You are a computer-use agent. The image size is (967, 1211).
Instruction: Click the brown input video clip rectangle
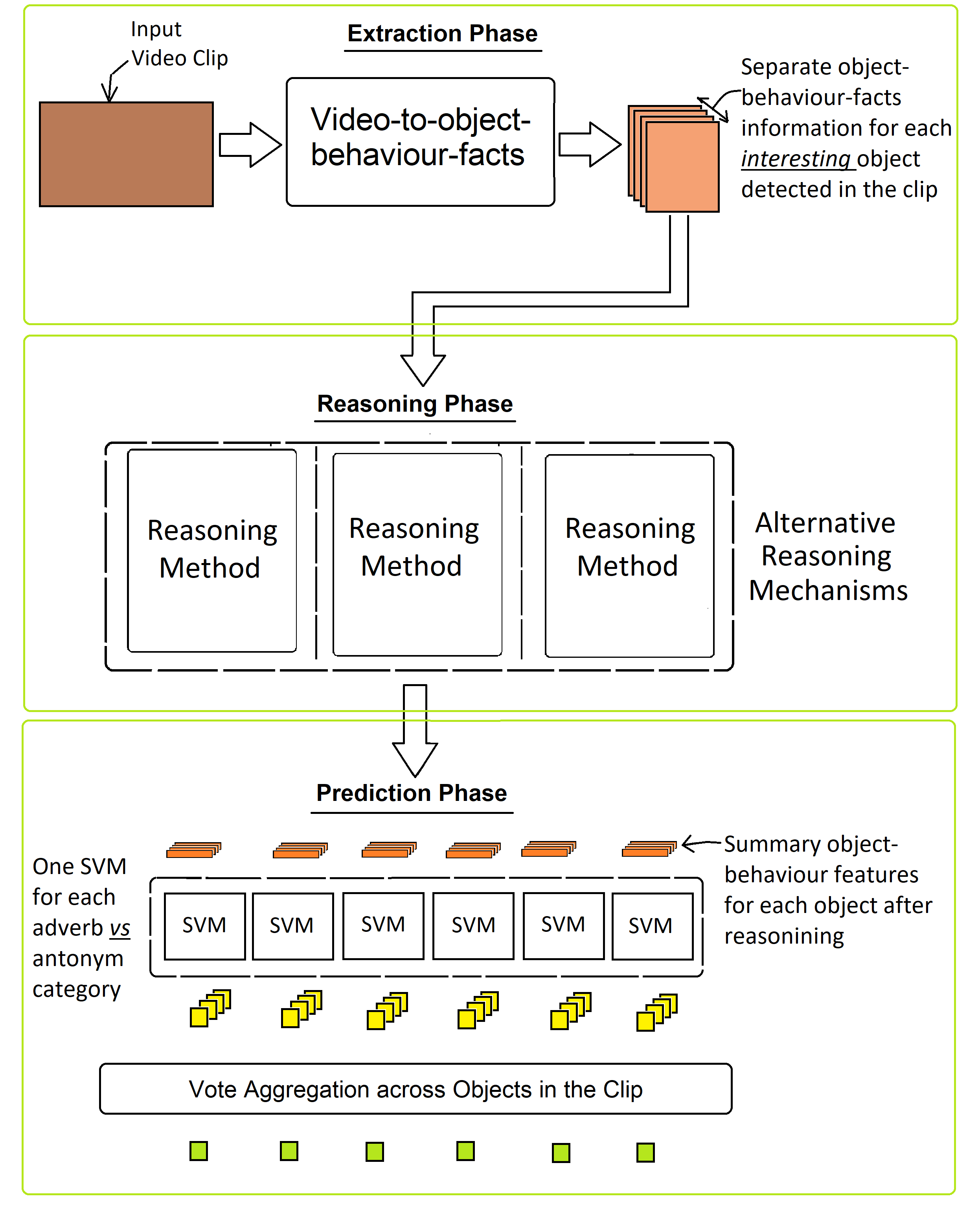[126, 155]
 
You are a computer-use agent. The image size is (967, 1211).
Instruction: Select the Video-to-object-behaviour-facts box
[420, 142]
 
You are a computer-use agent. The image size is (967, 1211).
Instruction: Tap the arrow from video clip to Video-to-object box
[249, 145]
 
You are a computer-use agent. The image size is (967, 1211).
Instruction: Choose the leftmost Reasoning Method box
[212, 550]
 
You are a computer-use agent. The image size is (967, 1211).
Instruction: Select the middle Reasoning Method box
[417, 554]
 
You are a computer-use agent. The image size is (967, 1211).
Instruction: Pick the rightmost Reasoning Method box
[629, 556]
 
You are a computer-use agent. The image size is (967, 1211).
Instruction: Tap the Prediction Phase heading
[411, 793]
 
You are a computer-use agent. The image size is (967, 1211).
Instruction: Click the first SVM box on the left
[204, 926]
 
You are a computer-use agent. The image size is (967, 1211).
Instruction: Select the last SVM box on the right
[651, 926]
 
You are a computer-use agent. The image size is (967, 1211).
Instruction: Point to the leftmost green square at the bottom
[198, 1151]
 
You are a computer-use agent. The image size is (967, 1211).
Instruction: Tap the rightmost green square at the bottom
[645, 1152]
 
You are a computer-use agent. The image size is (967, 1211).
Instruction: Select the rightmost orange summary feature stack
[649, 849]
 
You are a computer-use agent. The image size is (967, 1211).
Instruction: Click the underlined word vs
[119, 928]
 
